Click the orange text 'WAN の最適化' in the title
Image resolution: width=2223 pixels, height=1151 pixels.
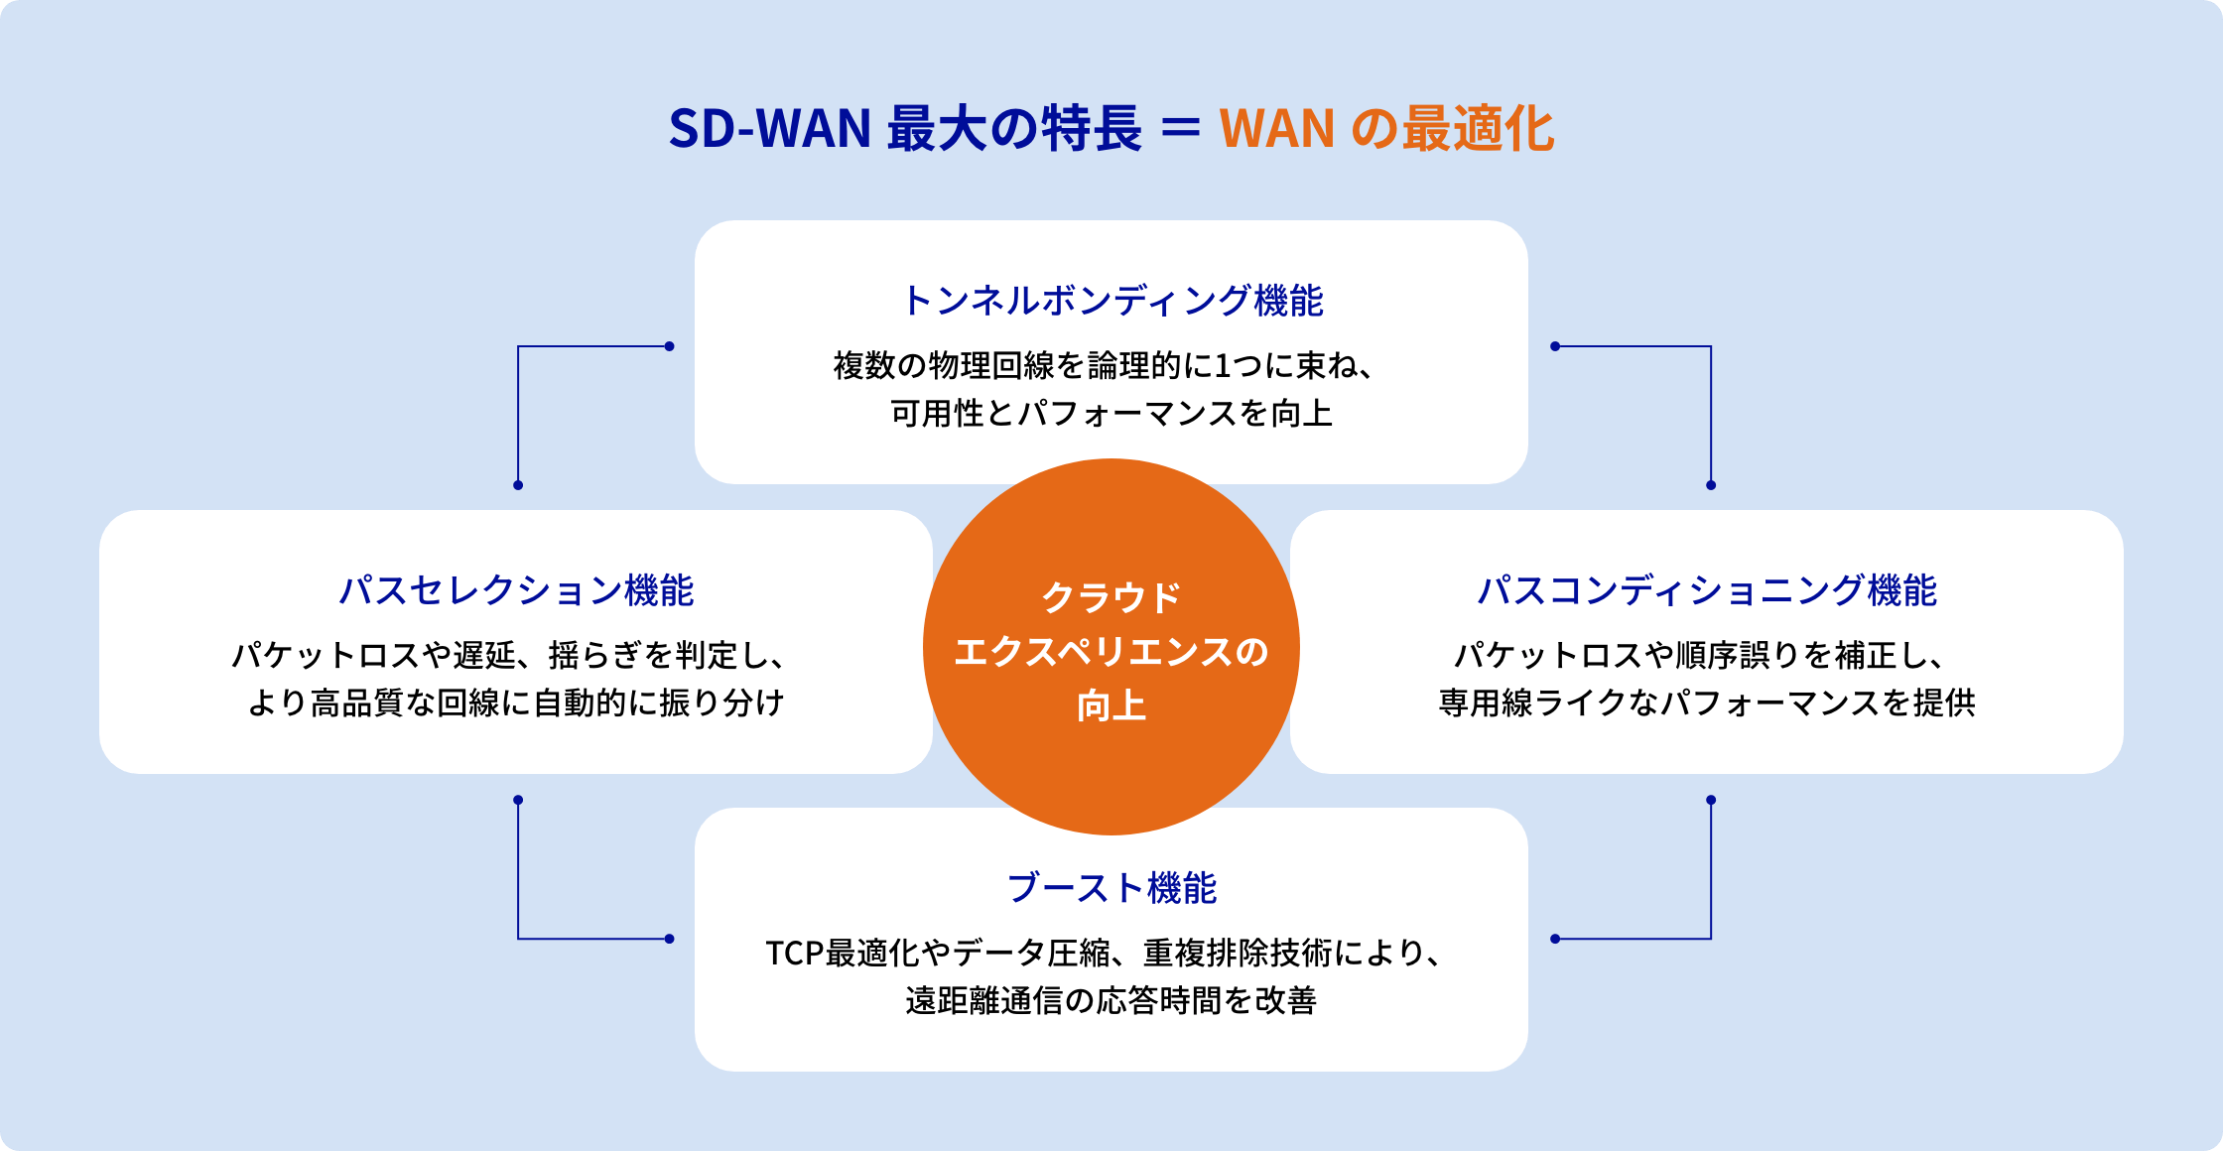coord(1386,129)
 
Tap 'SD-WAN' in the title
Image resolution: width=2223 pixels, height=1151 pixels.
coord(769,129)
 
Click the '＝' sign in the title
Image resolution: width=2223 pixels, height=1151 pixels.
coord(1180,128)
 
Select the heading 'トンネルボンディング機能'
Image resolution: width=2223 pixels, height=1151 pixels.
coord(1111,301)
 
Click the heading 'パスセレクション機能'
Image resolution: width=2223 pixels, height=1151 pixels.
coord(516,590)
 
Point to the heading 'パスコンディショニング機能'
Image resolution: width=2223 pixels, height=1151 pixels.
coord(1707,590)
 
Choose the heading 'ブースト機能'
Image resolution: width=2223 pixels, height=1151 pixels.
coord(1111,888)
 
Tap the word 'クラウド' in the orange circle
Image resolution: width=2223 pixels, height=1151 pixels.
coord(1111,597)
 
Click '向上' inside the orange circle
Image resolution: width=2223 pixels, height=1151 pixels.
coord(1111,706)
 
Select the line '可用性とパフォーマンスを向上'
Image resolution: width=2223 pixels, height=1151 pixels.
coord(1111,414)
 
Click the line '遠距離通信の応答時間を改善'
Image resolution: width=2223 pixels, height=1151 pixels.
coord(1111,1000)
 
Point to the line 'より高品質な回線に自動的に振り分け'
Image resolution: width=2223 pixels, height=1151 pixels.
coord(516,703)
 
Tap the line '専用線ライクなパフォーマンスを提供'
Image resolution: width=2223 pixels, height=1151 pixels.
coord(1707,703)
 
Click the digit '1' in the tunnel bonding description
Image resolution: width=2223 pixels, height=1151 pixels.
coord(1223,366)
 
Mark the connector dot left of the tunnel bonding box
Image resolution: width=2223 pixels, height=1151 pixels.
coord(670,346)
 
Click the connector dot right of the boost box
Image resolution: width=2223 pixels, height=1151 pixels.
coord(1555,939)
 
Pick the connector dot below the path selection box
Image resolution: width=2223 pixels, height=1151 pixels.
coord(518,800)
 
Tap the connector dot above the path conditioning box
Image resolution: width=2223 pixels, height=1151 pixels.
coord(1711,485)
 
